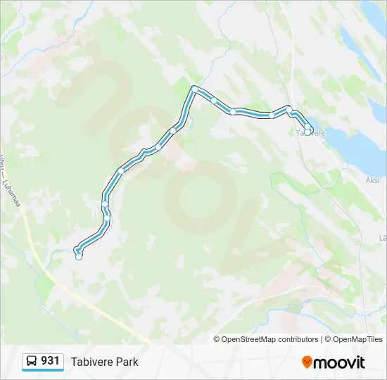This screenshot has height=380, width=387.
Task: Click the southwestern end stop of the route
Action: [79, 257]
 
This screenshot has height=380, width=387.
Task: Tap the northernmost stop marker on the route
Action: [195, 89]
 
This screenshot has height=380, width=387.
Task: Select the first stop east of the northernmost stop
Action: [214, 101]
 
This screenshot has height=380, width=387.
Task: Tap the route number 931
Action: [50, 361]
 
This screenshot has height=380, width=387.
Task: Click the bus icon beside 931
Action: [32, 362]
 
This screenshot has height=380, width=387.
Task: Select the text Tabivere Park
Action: [104, 362]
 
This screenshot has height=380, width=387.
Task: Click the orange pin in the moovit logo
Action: [307, 362]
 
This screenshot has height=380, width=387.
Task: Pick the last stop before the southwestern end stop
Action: [108, 219]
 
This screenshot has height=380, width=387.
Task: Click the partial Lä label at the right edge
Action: [383, 238]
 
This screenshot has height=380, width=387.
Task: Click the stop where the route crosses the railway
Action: [288, 108]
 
